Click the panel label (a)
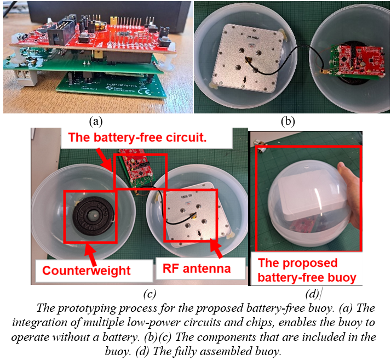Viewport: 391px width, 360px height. pyautogui.click(x=96, y=122)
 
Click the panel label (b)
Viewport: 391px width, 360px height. pyautogui.click(x=287, y=122)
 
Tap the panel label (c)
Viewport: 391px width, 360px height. pyautogui.click(x=150, y=294)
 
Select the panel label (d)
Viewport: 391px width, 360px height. pyautogui.click(x=312, y=294)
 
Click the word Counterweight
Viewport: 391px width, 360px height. pyautogui.click(x=87, y=271)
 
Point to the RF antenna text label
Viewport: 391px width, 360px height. pyautogui.click(x=197, y=268)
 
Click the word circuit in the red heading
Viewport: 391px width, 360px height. pyautogui.click(x=186, y=137)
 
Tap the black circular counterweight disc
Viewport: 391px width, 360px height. pyautogui.click(x=93, y=216)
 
